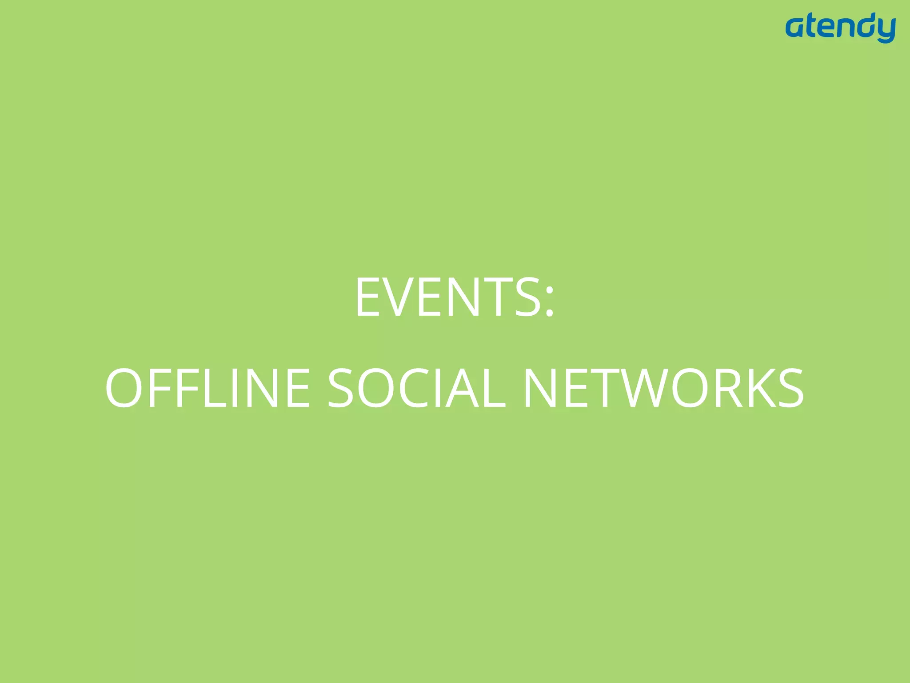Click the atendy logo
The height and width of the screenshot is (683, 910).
point(840,28)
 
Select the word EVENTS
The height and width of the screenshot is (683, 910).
point(448,297)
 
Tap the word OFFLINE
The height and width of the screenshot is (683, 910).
point(208,388)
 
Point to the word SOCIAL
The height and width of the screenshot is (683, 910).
point(416,388)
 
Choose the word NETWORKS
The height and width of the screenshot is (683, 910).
point(663,388)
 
